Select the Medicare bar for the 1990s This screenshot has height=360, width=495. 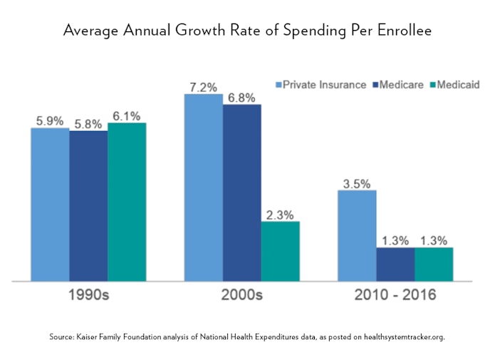coord(88,206)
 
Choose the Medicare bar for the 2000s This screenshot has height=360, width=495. coord(242,192)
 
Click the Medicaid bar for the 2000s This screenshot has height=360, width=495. coord(280,251)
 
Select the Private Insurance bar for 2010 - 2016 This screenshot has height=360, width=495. coord(357,235)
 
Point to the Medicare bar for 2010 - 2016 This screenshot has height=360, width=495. coord(395,264)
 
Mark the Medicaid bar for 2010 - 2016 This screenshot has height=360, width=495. coord(434,264)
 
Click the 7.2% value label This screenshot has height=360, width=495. coord(203,87)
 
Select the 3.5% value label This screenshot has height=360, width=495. coord(357,183)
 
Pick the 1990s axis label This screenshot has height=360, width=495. coord(88,294)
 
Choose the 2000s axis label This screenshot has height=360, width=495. coord(242,294)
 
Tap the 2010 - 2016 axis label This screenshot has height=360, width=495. coord(395,294)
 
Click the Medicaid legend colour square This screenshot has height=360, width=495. coord(432,85)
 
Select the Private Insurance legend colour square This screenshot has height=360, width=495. coord(278,85)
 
